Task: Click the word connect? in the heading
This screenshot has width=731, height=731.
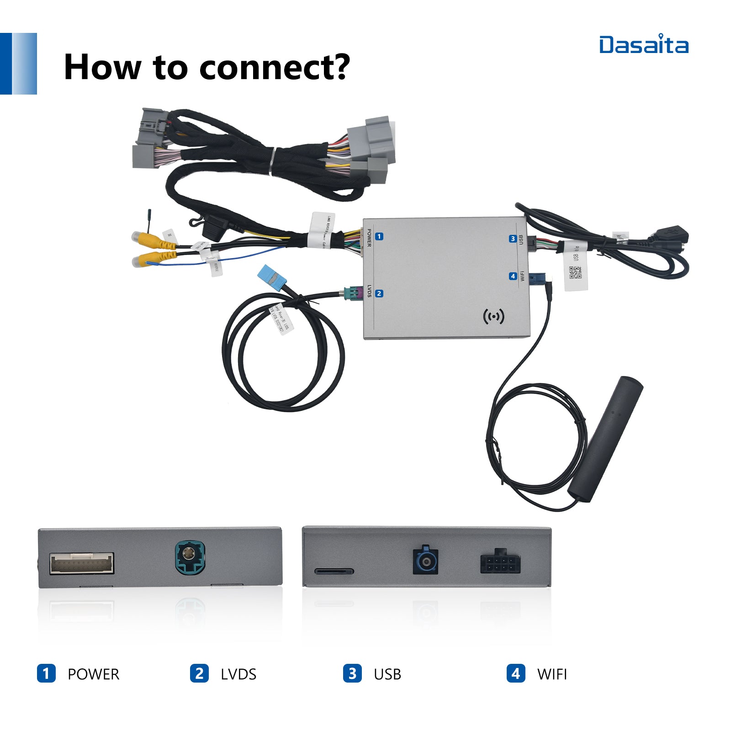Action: pos(274,68)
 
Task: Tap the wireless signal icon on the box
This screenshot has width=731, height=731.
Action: pos(493,316)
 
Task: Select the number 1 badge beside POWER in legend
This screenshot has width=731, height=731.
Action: pos(46,673)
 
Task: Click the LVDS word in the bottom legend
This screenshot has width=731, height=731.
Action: pos(238,674)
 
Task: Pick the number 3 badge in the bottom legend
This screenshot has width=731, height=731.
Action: pos(352,673)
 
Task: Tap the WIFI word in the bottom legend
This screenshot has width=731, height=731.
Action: pos(552,674)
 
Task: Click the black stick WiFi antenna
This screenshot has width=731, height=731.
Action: pos(605,439)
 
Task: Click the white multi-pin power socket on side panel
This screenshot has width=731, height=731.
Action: pos(81,563)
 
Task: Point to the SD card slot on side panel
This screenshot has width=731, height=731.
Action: pos(334,571)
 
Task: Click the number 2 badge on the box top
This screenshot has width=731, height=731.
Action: pos(379,293)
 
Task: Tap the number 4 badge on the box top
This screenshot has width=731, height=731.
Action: pos(513,276)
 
